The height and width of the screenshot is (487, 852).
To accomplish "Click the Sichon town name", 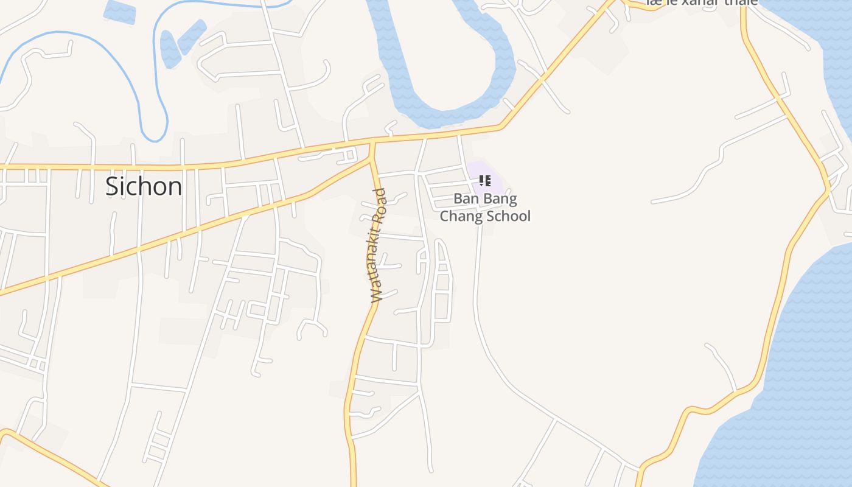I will tap(144, 186).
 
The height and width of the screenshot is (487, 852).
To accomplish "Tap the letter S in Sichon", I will tap(112, 186).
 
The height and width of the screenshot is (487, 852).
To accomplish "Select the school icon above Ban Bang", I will tap(484, 180).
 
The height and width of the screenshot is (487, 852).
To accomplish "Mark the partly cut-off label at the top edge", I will tap(702, 3).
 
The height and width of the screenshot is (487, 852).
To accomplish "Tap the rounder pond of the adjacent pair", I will tap(170, 49).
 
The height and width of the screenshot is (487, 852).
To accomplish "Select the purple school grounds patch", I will tap(492, 177).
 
